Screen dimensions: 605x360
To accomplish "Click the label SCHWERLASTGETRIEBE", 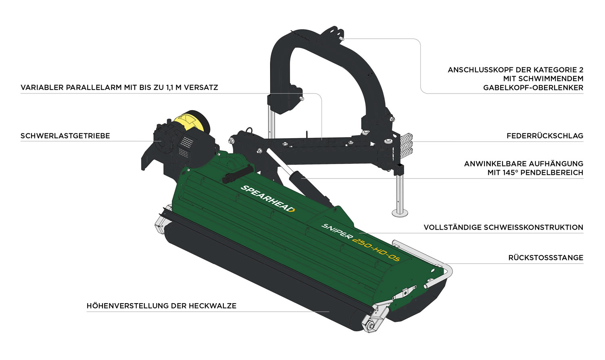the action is coord(65,136).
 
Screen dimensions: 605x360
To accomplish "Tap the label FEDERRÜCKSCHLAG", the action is coord(545,136).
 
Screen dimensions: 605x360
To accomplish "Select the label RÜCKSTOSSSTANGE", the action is coord(546,258).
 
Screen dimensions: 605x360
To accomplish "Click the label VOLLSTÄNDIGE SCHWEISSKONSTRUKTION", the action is coord(503,227).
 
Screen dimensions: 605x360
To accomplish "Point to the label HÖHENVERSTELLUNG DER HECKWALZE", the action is coord(161,306).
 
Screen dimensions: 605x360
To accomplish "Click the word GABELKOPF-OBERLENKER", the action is coord(533,88).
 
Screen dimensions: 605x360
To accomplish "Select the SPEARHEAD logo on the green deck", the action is coord(267,199).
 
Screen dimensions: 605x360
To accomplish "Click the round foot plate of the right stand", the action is coord(400,214).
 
